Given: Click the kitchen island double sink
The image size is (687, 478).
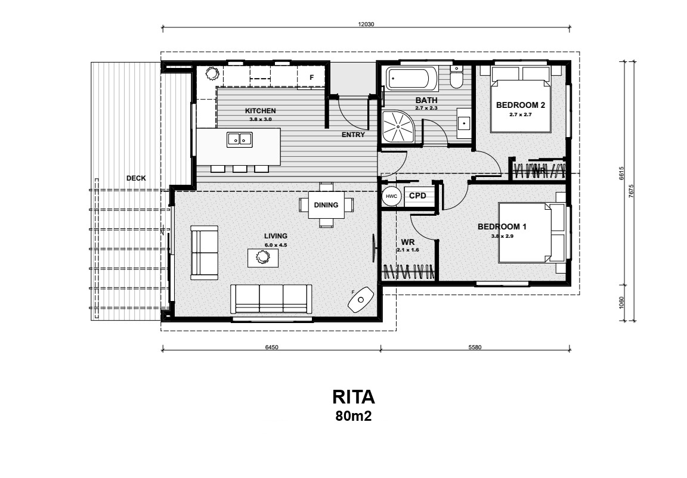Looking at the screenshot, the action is coord(240,139).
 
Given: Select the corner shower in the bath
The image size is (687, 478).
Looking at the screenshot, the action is coord(398,126).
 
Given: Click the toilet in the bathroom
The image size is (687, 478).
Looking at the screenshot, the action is coord(456,79).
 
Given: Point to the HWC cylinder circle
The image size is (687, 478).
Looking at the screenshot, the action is coord(391,196).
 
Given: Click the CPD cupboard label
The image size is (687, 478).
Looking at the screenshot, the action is coord(417,195).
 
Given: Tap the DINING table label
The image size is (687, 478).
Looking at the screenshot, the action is coord(326,205).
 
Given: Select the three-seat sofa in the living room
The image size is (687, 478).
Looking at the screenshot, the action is coord(271,299).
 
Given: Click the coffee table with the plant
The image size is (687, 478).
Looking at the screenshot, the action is coord(262,257).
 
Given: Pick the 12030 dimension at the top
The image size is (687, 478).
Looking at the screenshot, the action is coord(366,24).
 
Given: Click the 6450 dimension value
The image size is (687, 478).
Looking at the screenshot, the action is coord(272,347).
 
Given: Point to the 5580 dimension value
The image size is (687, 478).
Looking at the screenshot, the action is coord(475,347).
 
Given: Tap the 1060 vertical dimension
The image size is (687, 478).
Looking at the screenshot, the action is coord(621,302).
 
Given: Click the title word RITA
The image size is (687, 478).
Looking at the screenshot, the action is coord(354,397).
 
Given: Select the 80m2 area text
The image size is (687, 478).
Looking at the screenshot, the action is coord(354,416).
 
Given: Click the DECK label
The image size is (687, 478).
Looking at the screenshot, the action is coord(136,178).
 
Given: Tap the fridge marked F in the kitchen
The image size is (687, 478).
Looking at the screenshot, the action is coord(311,77).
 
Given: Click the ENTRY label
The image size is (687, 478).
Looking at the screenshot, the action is coord(353,135).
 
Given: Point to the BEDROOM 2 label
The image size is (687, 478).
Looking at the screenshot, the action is coord(521,105).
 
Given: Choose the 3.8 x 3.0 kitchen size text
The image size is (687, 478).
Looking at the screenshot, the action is coord(261,119).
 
